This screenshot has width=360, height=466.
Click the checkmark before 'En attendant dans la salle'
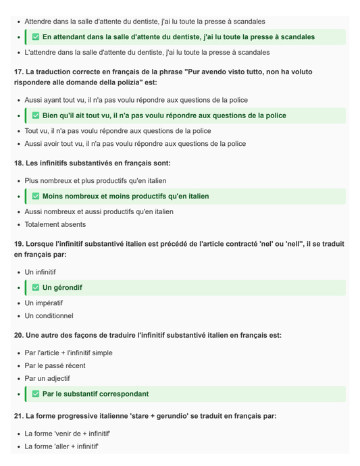[36, 37]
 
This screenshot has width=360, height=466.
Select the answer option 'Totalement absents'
[55, 224]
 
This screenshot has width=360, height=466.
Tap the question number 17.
[18, 72]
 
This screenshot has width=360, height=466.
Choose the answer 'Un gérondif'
[62, 288]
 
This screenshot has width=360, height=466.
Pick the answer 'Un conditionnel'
[49, 315]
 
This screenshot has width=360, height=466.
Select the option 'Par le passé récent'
[55, 365]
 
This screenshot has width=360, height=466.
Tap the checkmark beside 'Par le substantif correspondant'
[36, 394]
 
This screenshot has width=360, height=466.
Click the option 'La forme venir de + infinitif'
[68, 434]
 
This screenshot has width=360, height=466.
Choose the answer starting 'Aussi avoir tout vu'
[135, 144]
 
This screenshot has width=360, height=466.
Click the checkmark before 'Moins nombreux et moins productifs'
[36, 197]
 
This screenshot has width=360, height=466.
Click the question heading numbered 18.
[92, 163]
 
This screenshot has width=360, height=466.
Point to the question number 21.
[18, 416]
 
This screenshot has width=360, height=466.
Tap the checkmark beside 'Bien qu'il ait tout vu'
[36, 115]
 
